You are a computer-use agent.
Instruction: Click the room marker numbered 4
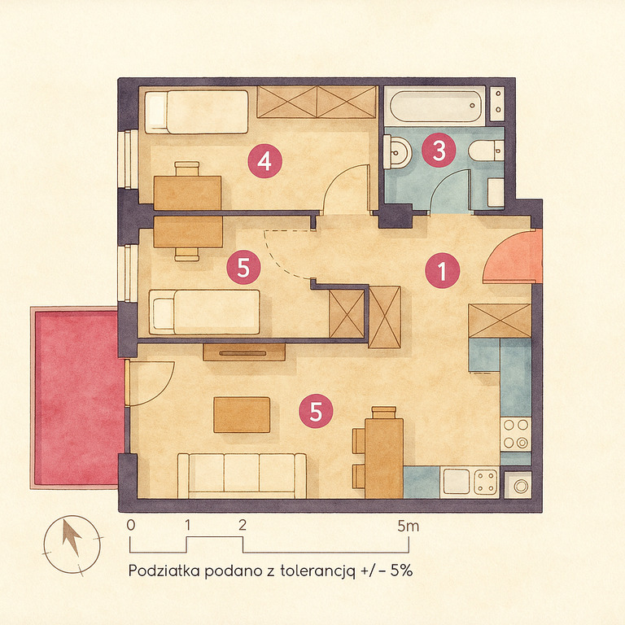264,161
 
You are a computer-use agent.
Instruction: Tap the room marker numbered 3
439,151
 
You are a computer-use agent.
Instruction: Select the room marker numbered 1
442,271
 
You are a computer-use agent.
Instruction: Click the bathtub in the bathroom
435,106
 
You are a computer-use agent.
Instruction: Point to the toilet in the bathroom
487,151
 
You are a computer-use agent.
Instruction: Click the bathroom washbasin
396,151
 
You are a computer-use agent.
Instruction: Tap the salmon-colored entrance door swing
513,256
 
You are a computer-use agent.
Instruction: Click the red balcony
76,397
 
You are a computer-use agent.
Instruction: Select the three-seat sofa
242,475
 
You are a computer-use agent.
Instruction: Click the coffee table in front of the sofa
242,414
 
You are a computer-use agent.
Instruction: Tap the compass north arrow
72,535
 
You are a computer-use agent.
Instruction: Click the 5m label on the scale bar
409,527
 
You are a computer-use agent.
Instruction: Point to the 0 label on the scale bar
131,525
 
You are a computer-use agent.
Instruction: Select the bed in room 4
196,111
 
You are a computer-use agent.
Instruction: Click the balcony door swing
151,383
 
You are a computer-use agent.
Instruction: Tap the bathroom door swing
450,192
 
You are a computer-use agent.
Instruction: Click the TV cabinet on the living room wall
244,352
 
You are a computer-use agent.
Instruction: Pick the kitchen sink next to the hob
457,482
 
